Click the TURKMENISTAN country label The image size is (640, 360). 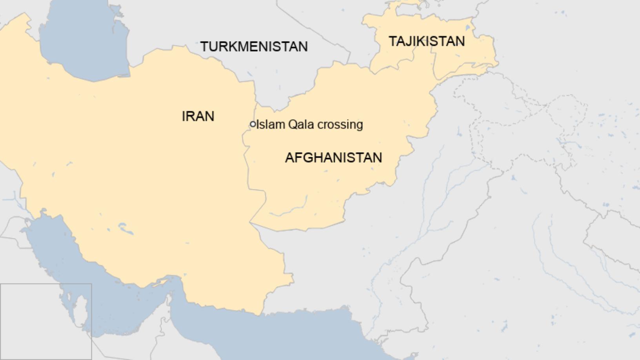tap(254, 47)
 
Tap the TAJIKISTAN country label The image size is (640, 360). tap(426, 41)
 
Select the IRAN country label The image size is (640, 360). tap(198, 116)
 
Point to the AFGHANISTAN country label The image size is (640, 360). tap(333, 158)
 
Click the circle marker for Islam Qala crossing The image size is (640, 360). tap(253, 124)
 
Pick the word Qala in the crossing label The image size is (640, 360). tap(301, 125)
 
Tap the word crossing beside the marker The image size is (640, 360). tap(340, 125)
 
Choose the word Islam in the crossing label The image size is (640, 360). tap(270, 125)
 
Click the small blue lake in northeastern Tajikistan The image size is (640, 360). tap(467, 28)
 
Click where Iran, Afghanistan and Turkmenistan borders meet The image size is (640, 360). tap(256, 104)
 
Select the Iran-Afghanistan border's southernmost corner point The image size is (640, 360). tap(251, 224)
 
